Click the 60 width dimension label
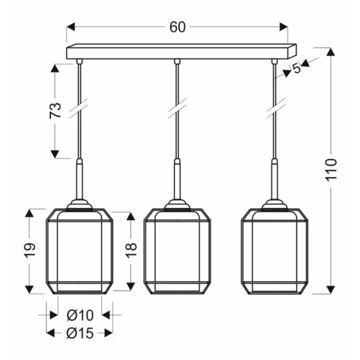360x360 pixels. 177,27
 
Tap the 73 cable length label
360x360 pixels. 55,110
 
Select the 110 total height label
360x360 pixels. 331,170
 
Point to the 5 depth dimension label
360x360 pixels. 296,68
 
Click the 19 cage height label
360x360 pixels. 30,250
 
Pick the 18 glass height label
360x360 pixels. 131,250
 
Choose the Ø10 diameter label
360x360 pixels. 80,315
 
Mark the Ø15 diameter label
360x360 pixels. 80,333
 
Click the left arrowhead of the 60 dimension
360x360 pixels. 71,26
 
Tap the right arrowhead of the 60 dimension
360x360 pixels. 284,26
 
